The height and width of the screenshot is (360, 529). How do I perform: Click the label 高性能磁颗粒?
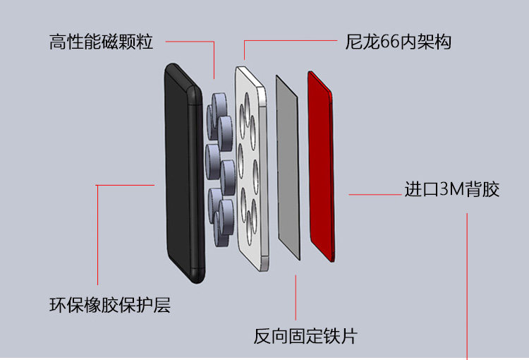pyautogui.click(x=102, y=42)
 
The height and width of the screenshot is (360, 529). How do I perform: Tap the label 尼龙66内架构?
pyautogui.click(x=399, y=42)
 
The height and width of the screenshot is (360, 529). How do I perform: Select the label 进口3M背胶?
pyautogui.click(x=452, y=190)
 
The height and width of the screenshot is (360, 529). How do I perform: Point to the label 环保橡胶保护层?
pyautogui.click(x=110, y=306)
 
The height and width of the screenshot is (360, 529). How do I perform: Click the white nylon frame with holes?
pyautogui.click(x=252, y=169)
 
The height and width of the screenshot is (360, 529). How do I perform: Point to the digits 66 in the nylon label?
pyautogui.click(x=389, y=42)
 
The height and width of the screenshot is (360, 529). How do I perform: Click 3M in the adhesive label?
pyautogui.click(x=451, y=190)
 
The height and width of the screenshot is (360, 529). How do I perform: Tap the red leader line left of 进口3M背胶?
pyautogui.click(x=374, y=193)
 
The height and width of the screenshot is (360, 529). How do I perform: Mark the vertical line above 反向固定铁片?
pyautogui.click(x=296, y=296)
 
